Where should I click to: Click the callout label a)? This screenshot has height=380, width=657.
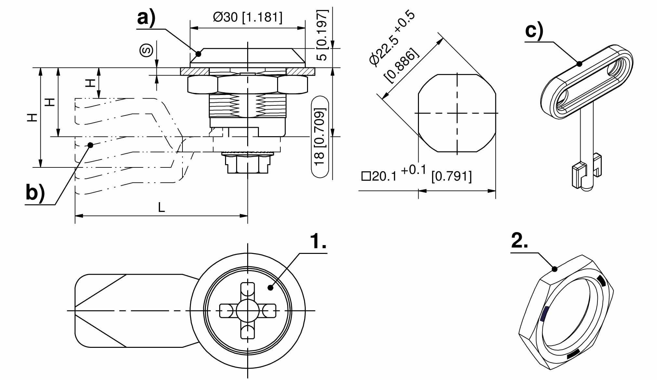click(x=146, y=18)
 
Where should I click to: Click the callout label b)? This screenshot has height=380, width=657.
click(x=35, y=193)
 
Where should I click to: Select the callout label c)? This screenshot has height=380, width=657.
click(x=534, y=31)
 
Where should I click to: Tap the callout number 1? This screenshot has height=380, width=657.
click(x=318, y=241)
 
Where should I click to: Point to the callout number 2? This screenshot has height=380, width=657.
click(x=520, y=241)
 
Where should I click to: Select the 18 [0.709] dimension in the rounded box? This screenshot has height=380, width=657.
click(x=320, y=137)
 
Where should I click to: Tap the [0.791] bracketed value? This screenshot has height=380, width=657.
click(x=451, y=176)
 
